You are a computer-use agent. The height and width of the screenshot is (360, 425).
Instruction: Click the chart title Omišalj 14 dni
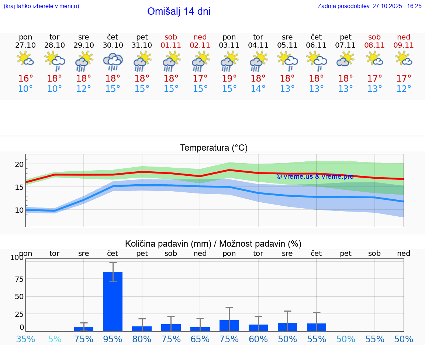[x=179, y=11]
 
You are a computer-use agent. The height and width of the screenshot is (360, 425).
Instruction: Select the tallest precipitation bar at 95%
[x=113, y=301]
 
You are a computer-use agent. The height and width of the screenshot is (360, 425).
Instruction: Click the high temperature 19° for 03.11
[x=229, y=79]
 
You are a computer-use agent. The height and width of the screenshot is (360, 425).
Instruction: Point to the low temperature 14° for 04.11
[x=258, y=89]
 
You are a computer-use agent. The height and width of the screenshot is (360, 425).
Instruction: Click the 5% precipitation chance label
[x=55, y=339]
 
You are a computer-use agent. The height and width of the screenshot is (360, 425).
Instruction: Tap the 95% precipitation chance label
[x=113, y=339]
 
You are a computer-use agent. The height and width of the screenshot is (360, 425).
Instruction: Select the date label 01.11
[x=171, y=45]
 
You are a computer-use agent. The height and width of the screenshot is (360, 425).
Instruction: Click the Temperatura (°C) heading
[x=214, y=148]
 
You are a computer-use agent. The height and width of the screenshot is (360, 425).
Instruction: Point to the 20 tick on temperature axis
[x=19, y=164]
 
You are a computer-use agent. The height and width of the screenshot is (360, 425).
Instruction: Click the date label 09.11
[x=404, y=45]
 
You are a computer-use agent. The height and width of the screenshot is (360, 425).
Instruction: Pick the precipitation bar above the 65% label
[x=200, y=329]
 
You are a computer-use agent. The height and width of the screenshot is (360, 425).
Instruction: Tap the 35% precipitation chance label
[x=26, y=339]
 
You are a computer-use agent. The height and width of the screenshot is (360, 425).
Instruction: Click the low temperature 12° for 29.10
[x=84, y=89]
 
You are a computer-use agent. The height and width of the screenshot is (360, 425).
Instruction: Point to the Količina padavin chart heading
[x=213, y=244]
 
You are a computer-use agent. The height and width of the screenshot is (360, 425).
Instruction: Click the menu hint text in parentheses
[x=41, y=6]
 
